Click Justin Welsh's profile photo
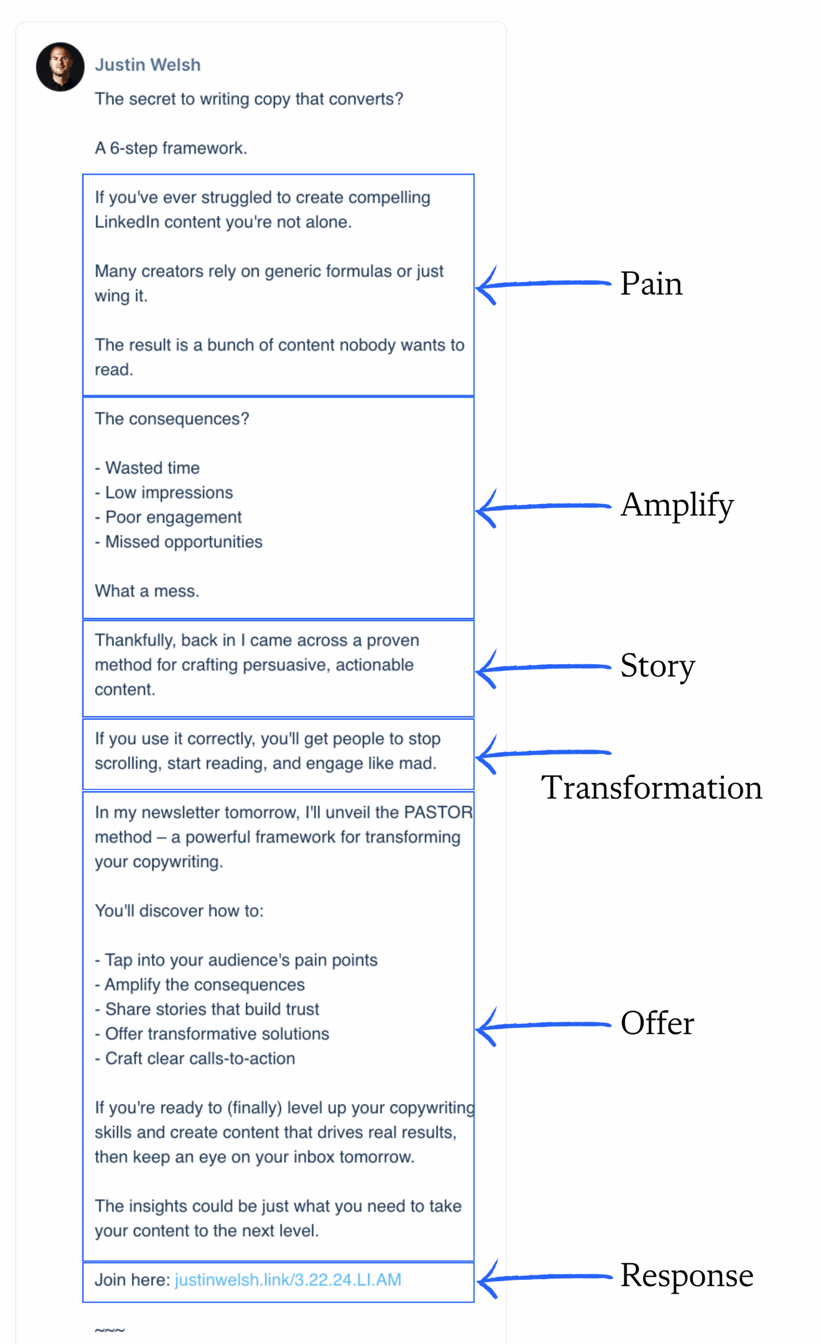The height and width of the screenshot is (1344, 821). click(60, 67)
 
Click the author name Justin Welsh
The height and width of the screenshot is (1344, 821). click(148, 65)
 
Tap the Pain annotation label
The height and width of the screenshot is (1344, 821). click(651, 283)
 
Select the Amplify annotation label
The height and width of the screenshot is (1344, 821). click(677, 505)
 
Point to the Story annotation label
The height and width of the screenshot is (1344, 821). click(657, 666)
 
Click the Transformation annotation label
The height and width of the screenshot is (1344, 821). click(651, 787)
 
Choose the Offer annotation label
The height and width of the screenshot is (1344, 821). click(657, 1023)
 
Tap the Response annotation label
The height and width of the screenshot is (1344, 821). click(686, 1275)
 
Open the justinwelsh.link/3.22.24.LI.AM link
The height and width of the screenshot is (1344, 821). click(288, 1279)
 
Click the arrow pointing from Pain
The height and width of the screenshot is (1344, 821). click(543, 284)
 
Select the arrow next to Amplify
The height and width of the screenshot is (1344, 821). click(543, 507)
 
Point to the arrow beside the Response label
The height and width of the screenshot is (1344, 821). click(543, 1277)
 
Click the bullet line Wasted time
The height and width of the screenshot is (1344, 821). click(152, 468)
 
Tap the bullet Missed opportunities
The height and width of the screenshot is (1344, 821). click(183, 542)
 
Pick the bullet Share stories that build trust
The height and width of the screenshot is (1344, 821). click(212, 1009)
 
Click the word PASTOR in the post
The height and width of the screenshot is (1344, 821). click(438, 812)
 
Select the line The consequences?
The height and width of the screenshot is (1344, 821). click(172, 419)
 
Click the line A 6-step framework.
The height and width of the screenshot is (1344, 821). click(171, 149)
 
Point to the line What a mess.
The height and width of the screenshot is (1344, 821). click(147, 591)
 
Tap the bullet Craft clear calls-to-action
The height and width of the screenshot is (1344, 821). click(199, 1058)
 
